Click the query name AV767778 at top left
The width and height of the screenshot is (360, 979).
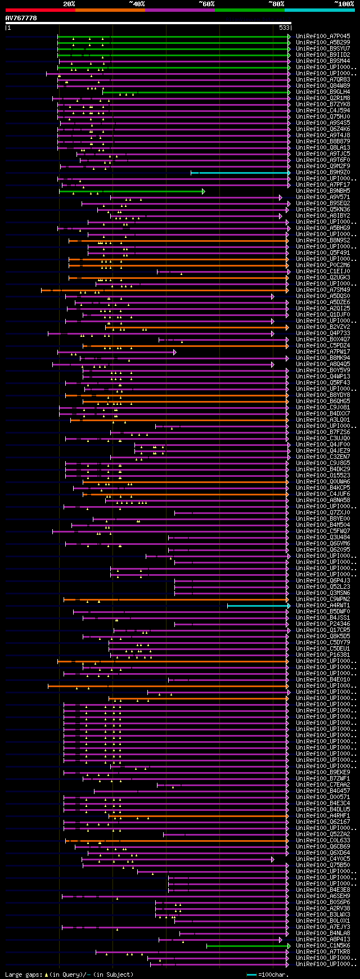(x=21, y=19)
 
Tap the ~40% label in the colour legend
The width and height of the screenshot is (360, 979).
(x=137, y=4)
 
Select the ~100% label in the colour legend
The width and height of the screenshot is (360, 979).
(x=344, y=4)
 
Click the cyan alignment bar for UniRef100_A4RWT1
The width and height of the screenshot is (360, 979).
(x=258, y=606)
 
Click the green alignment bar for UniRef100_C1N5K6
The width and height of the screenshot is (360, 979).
(x=247, y=946)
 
